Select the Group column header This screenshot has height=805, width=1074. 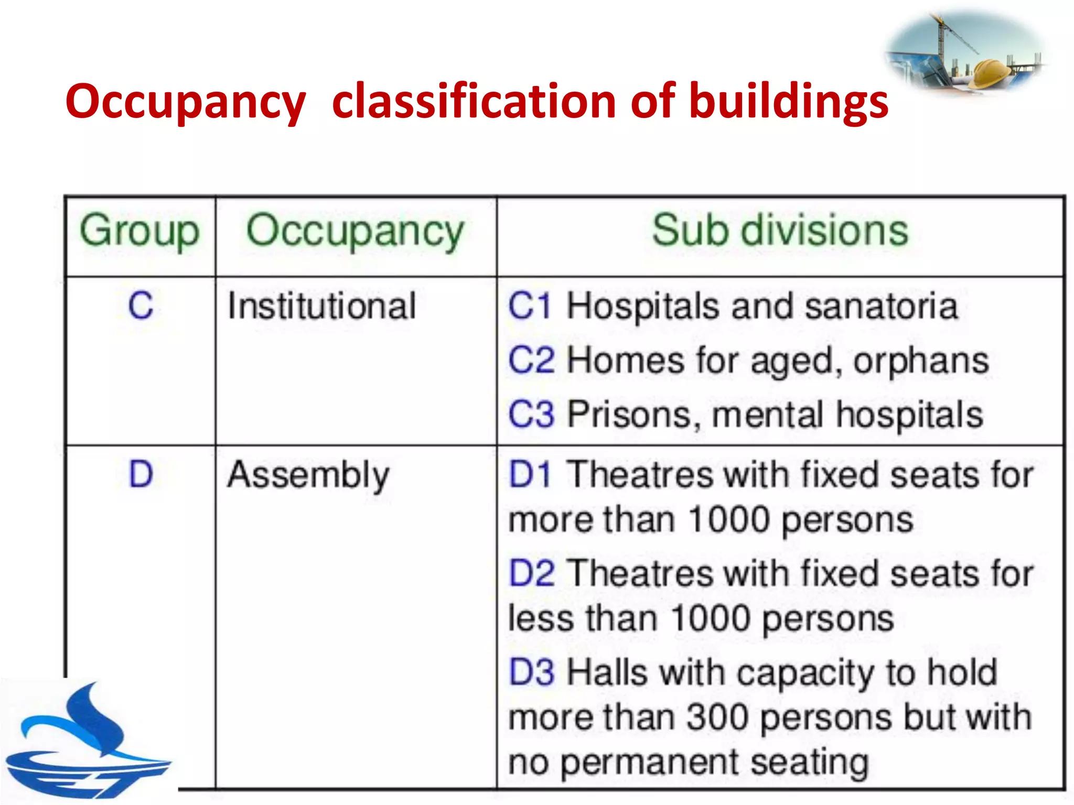(x=139, y=231)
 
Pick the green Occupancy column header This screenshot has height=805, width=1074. (x=355, y=231)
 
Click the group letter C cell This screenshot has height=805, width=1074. (x=141, y=306)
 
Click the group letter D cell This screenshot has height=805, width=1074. (x=141, y=474)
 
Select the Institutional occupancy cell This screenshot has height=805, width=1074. (x=321, y=306)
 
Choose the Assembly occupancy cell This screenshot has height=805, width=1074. (x=308, y=475)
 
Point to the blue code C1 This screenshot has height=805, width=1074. (x=530, y=306)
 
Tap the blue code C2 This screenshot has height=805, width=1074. (x=531, y=361)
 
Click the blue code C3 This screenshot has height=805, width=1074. (x=531, y=415)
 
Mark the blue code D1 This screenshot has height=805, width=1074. (x=530, y=475)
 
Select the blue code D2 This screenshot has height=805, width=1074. (x=531, y=573)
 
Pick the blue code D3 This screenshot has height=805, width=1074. (x=531, y=672)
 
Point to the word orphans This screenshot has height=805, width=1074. (x=921, y=361)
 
